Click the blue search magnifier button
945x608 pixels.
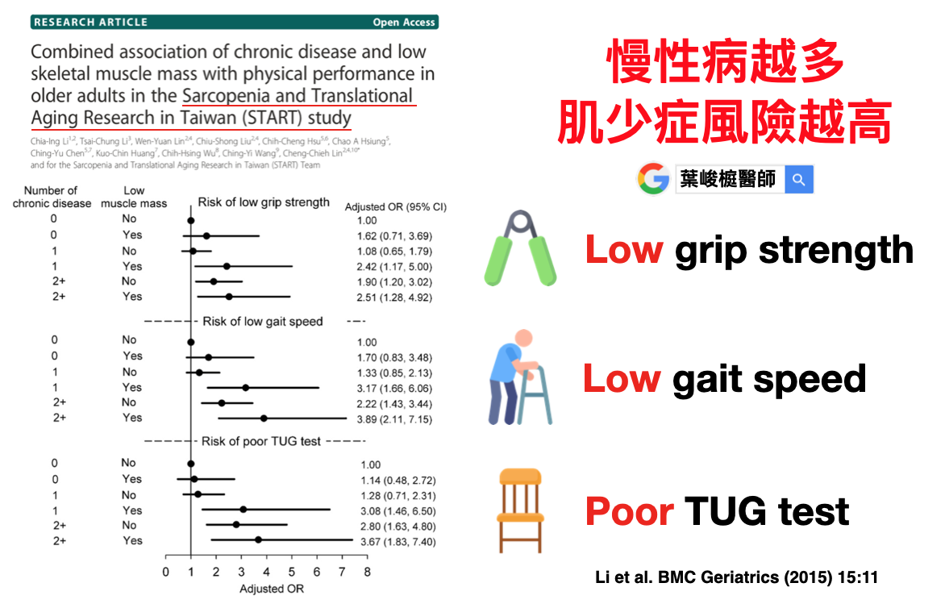click(798, 180)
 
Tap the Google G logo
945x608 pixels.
click(653, 179)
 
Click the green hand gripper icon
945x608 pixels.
click(520, 248)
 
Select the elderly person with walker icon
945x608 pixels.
click(519, 377)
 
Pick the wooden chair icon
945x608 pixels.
click(520, 510)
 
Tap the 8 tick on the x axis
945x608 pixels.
click(367, 572)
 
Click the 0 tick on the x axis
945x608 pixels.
click(166, 572)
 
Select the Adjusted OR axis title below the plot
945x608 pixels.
click(271, 589)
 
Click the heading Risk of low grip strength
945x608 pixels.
click(264, 202)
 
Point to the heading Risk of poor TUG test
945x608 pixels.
click(261, 441)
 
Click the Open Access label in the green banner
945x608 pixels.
click(404, 23)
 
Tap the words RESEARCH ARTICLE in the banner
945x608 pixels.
click(90, 23)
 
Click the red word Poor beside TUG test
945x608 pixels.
click(629, 511)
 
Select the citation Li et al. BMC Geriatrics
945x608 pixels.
click(736, 577)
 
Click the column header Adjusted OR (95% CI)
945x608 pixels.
click(395, 207)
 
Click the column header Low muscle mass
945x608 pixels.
click(134, 197)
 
